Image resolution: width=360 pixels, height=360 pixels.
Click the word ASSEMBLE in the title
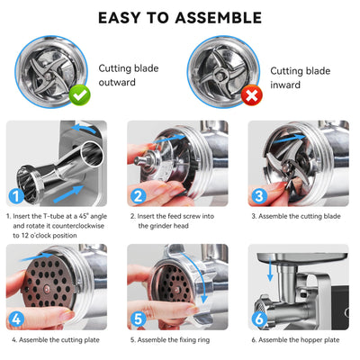[x=219, y=18]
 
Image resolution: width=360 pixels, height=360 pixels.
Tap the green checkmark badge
[x=79, y=95]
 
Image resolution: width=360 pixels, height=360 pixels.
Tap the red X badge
[x=252, y=95]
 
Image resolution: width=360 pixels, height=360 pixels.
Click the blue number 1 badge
[x=16, y=196]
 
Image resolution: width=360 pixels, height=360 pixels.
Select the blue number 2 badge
[x=139, y=196]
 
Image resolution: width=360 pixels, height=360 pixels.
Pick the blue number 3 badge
[x=259, y=196]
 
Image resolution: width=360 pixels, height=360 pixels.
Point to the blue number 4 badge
[x=16, y=319]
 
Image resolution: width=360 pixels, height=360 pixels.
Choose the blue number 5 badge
[x=139, y=319]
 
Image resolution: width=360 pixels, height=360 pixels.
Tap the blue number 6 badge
[x=259, y=319]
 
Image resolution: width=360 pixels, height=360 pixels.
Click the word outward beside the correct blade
[x=117, y=82]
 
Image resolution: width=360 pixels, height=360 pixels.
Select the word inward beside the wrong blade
[x=285, y=85]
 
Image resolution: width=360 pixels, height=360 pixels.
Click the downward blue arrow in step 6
[x=271, y=271]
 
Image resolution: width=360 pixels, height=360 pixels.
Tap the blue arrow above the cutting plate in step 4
[x=35, y=256]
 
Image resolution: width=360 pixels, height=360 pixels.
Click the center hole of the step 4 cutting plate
[x=47, y=289]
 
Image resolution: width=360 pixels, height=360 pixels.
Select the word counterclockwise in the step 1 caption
[x=78, y=226]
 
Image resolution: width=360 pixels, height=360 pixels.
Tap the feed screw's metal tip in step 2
[x=139, y=160]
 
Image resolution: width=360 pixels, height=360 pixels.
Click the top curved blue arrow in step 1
[x=85, y=128]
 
